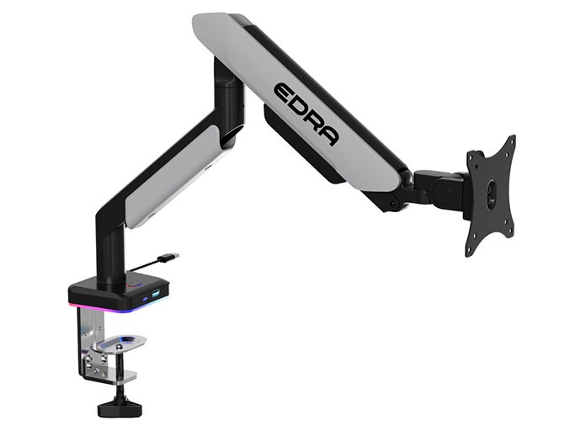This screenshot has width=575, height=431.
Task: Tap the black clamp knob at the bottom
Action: point(120,407)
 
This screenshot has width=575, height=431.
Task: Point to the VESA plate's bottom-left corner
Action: point(467,250)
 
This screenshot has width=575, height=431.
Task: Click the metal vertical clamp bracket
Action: point(88,345)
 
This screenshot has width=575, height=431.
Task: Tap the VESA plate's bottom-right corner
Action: point(512,232)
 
